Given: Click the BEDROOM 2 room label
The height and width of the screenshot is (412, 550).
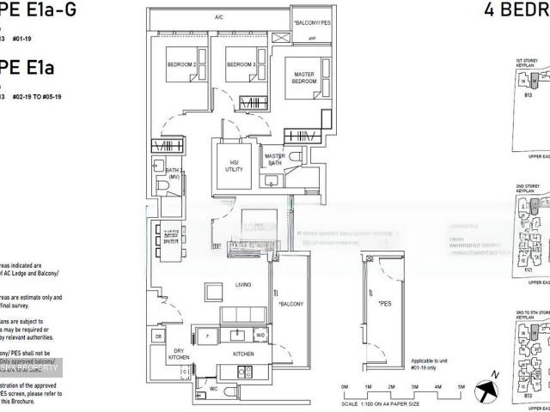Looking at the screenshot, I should click(182, 65).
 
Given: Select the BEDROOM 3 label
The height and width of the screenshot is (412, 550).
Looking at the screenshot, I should click(241, 65).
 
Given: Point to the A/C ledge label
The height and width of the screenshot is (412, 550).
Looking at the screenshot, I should click(219, 17).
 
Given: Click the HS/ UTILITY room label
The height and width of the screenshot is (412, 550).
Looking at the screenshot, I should click(233, 166).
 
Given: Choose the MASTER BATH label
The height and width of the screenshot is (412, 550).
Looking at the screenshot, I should click(275, 159).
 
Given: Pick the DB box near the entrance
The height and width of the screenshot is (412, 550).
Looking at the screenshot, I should click(158, 336).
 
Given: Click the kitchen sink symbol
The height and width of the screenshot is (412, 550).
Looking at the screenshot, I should click(237, 333).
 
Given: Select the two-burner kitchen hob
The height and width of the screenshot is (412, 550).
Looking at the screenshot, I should click(243, 372).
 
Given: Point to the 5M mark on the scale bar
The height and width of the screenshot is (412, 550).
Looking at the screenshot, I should click(461, 388).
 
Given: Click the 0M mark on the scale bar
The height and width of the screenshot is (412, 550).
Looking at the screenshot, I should click(345, 388).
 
